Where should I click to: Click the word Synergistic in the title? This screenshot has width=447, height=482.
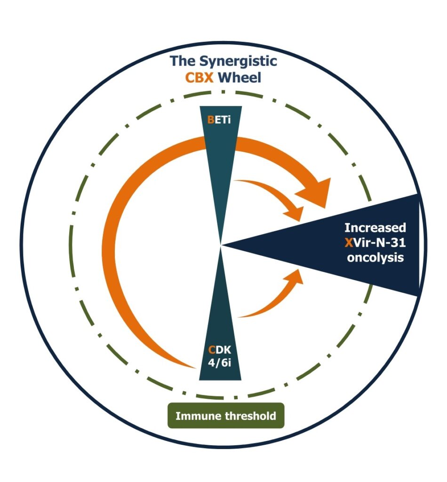click(238, 62)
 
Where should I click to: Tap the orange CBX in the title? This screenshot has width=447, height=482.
click(199, 78)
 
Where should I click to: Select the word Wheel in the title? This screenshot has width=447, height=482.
click(239, 78)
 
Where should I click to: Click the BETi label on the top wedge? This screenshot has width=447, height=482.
click(219, 120)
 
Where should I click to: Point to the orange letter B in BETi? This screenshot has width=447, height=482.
click(210, 120)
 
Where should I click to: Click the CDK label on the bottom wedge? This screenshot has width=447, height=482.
click(219, 350)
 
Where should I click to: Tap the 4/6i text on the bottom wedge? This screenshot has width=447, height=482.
click(219, 363)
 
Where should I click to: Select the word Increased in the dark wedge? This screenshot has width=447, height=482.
click(375, 228)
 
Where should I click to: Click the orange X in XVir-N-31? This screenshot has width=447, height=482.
click(349, 243)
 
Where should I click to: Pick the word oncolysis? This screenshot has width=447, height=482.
click(375, 257)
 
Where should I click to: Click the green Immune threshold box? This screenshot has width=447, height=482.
click(226, 416)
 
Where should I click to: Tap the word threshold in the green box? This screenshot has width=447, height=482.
click(250, 416)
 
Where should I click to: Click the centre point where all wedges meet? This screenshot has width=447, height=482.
click(221, 245)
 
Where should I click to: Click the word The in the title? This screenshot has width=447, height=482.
click(183, 61)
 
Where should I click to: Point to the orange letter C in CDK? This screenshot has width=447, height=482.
click(212, 350)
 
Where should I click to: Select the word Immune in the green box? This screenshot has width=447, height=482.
click(199, 416)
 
